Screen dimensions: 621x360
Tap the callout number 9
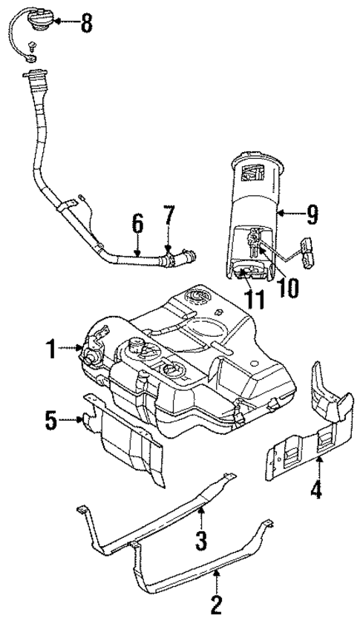312,216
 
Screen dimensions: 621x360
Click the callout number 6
137,222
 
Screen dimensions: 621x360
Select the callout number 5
50,420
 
